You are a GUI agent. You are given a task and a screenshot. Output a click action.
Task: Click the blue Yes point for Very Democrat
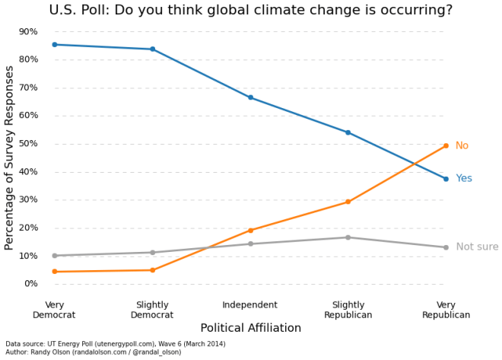pos(55,45)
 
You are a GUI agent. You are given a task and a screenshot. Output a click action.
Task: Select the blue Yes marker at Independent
pos(250,97)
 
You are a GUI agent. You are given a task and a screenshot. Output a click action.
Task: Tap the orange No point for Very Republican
pos(446,146)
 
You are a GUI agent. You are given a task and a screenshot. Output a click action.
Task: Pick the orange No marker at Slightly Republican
pos(348,202)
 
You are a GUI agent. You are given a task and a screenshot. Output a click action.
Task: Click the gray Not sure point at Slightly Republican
pos(348,237)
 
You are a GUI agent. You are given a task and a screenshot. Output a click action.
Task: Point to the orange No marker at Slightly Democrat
pos(152,270)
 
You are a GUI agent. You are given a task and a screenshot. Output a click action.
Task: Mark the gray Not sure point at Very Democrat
pos(55,256)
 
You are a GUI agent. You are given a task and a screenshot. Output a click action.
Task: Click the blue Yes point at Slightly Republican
pos(348,132)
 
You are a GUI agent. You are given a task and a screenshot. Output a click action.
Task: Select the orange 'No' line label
pos(462,146)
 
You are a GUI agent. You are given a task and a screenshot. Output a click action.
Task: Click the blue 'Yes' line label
pos(464,179)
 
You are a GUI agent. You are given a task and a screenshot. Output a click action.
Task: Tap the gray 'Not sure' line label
pos(477,247)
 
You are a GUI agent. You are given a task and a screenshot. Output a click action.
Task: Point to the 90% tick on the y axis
pos(28,32)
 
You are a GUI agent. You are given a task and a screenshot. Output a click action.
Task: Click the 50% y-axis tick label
pos(28,144)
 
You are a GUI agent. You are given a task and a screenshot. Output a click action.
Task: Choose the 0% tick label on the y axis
pos(30,284)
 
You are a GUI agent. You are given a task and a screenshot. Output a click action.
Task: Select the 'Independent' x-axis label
pos(249,305)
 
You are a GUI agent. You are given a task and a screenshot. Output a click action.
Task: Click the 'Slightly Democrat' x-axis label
pos(152,310)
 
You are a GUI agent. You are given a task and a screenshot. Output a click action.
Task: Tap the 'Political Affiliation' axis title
pos(250,328)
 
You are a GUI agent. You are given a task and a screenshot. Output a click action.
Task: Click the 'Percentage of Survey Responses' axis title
pos(10,158)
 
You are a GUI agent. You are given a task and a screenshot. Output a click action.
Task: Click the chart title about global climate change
pos(250,11)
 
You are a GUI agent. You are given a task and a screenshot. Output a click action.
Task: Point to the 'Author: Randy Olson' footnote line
pos(94,352)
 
